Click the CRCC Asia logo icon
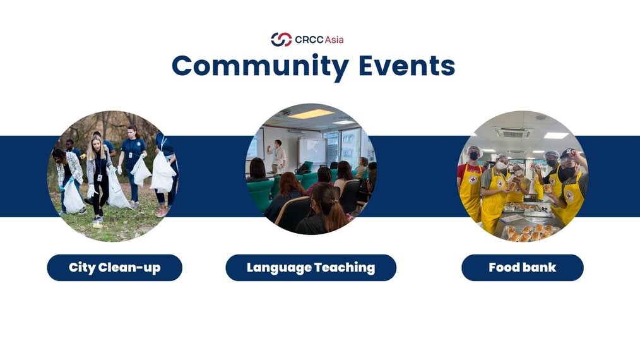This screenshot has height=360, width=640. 281,40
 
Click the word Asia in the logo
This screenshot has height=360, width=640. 335,40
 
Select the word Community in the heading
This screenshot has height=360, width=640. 261,66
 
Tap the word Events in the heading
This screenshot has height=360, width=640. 407,66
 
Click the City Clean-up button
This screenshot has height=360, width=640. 115,268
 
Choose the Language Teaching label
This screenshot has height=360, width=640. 311,268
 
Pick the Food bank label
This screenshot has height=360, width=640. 523,268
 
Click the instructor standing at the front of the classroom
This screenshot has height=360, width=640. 278,157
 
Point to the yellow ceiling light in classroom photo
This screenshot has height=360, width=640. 311,114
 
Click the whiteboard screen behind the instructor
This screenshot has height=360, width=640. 312,151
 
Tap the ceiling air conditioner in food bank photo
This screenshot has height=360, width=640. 513,133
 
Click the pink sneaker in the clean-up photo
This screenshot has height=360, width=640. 162,213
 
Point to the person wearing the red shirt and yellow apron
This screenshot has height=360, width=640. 471,184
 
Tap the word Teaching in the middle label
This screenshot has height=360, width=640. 345,268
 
